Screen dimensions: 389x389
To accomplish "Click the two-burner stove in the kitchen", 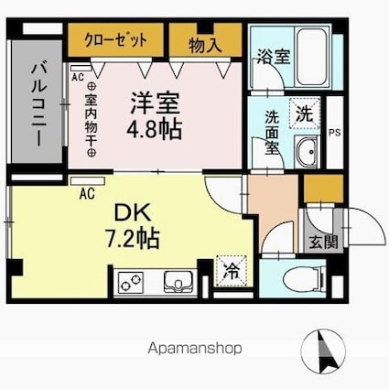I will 132,279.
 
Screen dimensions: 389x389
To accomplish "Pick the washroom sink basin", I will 307,152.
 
